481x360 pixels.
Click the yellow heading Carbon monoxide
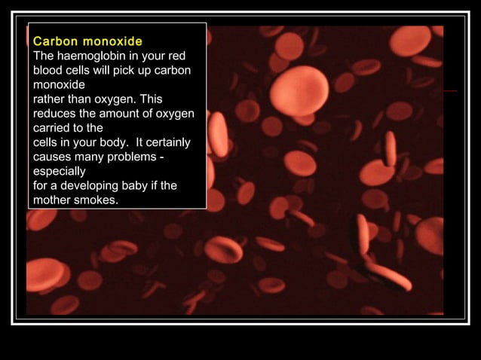[x=88, y=41]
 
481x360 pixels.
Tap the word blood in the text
[x=48, y=70]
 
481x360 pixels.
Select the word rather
[x=51, y=99]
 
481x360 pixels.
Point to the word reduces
[x=55, y=113]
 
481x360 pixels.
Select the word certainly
[x=166, y=142]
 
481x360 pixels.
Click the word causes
[x=53, y=157]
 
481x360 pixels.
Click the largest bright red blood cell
[x=299, y=91]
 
